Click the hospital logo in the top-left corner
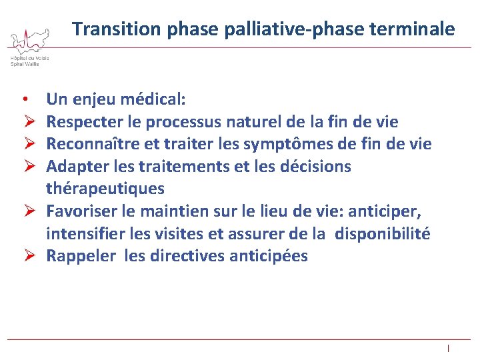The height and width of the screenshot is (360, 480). click(x=29, y=47)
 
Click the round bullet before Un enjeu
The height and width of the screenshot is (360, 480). click(x=24, y=100)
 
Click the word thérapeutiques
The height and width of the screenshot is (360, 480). click(x=105, y=189)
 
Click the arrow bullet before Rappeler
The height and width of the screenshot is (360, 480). click(x=25, y=256)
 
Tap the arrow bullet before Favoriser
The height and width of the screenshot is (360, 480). click(x=25, y=211)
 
